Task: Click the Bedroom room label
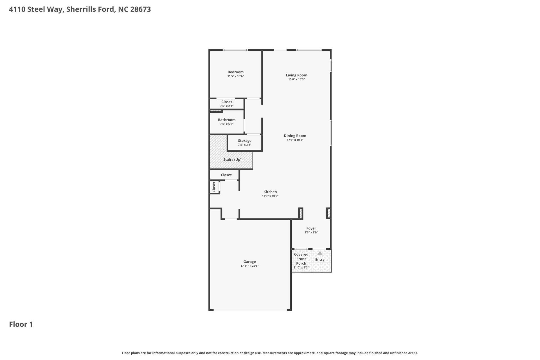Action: tap(235, 72)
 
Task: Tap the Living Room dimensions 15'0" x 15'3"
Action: tap(296, 79)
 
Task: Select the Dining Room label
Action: tap(295, 136)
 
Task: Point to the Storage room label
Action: tap(244, 141)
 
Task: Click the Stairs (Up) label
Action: tap(232, 159)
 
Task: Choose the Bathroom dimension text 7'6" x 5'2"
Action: tap(226, 124)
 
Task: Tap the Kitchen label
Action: tap(270, 192)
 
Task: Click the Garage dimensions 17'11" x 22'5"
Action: tap(249, 266)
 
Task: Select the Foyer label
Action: tap(311, 228)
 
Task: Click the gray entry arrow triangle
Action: tap(320, 253)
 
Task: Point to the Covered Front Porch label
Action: tap(301, 259)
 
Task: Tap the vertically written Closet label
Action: tap(214, 187)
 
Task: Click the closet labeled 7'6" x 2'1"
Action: tap(226, 104)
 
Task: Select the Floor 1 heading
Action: tap(21, 324)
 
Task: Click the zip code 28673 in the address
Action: tap(140, 9)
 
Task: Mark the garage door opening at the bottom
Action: tap(250, 310)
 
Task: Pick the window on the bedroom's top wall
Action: tap(235, 50)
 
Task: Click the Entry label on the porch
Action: tap(320, 260)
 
